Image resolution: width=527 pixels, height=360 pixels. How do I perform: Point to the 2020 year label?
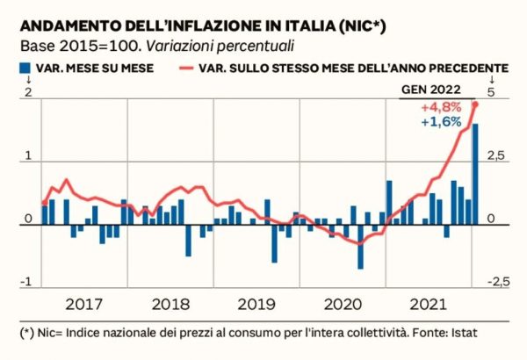339,305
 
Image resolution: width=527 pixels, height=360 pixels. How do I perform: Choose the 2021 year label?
425,305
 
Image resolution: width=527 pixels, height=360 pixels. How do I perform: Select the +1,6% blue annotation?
441,122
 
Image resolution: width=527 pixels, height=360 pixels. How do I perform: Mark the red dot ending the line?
475,104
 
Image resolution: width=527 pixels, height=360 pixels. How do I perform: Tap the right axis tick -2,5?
498,282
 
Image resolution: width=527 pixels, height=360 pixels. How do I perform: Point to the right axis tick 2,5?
497,156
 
